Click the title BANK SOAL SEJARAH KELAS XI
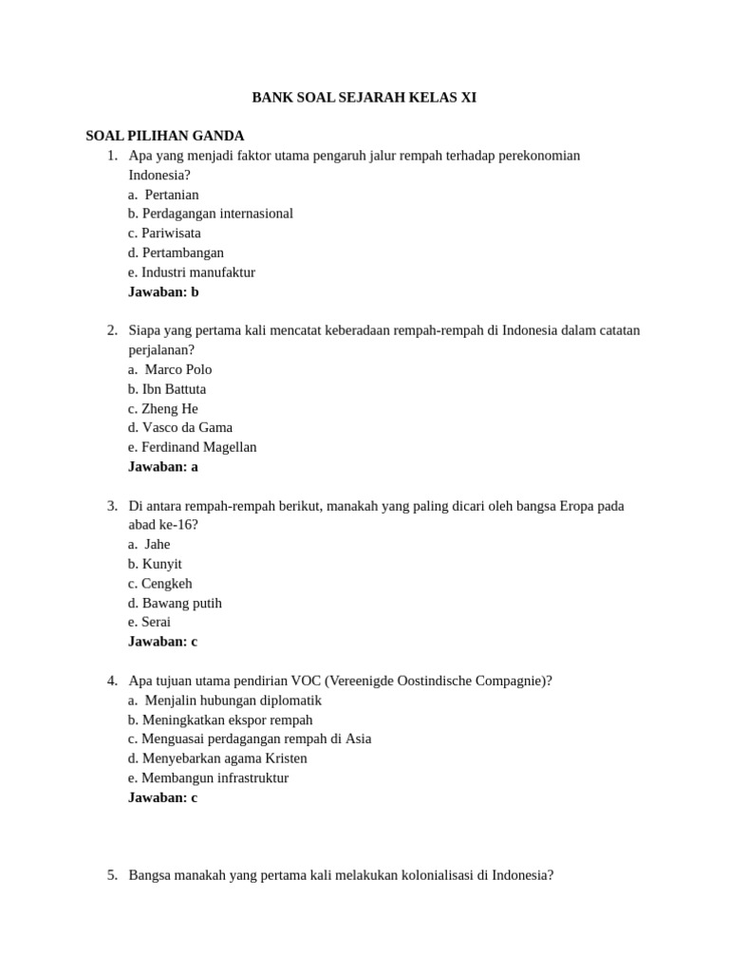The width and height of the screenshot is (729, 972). click(x=364, y=97)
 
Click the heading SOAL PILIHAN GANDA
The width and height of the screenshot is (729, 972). click(x=165, y=136)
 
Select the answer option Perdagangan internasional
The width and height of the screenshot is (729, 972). click(x=211, y=214)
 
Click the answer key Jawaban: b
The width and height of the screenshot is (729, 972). click(x=163, y=291)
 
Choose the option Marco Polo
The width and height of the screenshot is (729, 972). click(x=171, y=369)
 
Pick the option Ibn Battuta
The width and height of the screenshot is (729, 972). click(x=167, y=389)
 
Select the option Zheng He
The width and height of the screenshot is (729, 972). click(x=163, y=408)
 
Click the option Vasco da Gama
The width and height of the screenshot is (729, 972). click(x=180, y=427)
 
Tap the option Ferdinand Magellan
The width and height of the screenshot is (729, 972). click(x=193, y=447)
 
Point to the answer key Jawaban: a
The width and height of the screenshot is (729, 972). click(x=163, y=466)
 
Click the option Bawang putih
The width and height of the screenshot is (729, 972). click(x=176, y=603)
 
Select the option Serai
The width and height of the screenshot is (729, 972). click(x=150, y=622)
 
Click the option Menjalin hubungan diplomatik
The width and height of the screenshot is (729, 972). click(x=225, y=701)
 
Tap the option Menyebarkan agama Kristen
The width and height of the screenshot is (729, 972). click(x=218, y=758)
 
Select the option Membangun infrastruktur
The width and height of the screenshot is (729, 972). click(x=209, y=778)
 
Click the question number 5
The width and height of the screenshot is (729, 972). click(x=112, y=875)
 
